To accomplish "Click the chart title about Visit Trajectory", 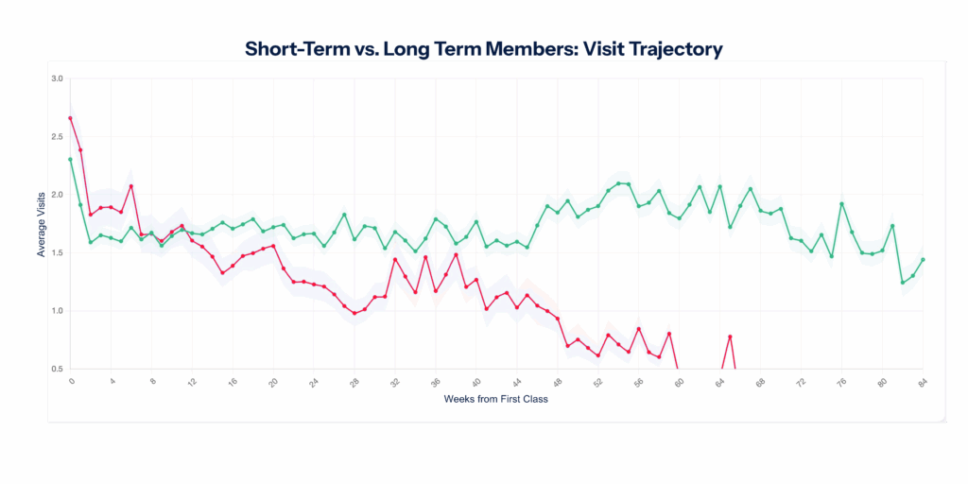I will point(483,49).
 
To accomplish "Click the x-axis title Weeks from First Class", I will point(495,399).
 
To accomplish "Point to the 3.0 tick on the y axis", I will point(58,78).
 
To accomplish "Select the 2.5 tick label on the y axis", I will point(58,137).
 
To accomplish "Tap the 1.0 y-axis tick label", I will point(58,311).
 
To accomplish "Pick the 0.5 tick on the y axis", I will point(58,369).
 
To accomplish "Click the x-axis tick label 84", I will point(922,383).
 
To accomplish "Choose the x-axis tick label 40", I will point(475,383).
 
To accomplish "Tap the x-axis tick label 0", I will point(71,383).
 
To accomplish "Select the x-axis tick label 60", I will point(678,383).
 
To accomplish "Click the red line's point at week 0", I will point(70,118).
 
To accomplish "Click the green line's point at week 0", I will point(70,160).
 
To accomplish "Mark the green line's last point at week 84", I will point(923,259).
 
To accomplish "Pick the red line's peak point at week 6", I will point(131,186).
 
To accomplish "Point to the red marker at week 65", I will point(730,337).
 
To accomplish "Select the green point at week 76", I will point(841,204).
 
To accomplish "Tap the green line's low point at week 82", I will point(903,283).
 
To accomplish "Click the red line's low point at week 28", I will point(354,313).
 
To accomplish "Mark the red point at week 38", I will point(456,255).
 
